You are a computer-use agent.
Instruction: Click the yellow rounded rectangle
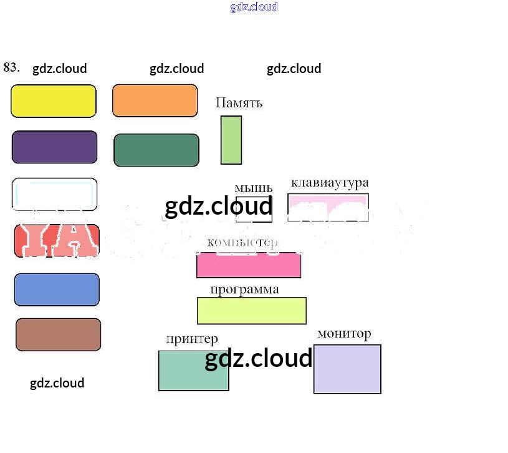click(x=54, y=101)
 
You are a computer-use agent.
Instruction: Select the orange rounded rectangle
click(x=155, y=100)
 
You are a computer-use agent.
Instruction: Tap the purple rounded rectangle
click(x=55, y=147)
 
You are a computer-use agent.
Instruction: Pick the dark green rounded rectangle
click(x=156, y=150)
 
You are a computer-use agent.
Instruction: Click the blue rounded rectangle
click(x=57, y=290)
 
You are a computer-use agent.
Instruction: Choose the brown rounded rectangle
click(x=58, y=334)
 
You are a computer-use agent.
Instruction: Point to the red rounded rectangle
click(x=57, y=241)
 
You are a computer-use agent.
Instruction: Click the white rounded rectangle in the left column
click(x=55, y=193)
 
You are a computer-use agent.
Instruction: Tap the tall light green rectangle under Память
click(x=231, y=140)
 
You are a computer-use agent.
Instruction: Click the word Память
click(x=239, y=103)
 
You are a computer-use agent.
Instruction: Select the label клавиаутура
click(x=330, y=183)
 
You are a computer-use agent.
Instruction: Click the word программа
click(x=244, y=290)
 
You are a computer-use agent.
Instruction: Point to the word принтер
click(x=192, y=339)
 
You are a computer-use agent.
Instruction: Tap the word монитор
click(x=344, y=334)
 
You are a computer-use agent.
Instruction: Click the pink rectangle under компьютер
click(x=249, y=266)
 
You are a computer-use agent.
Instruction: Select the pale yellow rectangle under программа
click(x=252, y=311)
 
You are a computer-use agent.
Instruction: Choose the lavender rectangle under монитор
click(x=347, y=369)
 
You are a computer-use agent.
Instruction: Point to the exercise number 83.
click(x=12, y=67)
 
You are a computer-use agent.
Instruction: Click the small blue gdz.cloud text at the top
click(x=254, y=7)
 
